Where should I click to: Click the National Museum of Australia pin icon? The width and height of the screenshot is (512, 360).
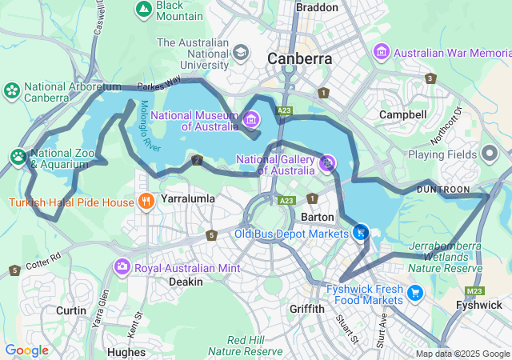(x=251, y=120)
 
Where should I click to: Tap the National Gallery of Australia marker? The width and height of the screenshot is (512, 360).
(x=327, y=164)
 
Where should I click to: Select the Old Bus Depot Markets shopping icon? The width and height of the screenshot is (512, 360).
(x=362, y=233)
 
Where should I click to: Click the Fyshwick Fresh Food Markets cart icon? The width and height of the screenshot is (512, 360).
(x=414, y=293)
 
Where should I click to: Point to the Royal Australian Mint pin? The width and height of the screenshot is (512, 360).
(x=122, y=267)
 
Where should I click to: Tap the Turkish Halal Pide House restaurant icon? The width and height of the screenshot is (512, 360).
(x=145, y=202)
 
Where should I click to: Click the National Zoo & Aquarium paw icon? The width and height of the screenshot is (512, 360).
(x=18, y=155)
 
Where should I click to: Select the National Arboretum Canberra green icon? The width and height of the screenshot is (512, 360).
(x=12, y=90)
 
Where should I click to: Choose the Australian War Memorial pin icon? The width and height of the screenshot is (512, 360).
(x=382, y=52)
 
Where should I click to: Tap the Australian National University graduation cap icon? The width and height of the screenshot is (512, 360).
(x=239, y=53)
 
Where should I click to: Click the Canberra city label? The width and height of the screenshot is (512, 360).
(x=300, y=58)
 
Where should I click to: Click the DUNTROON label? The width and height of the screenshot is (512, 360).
(x=443, y=189)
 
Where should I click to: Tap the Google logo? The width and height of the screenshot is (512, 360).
(x=26, y=350)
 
